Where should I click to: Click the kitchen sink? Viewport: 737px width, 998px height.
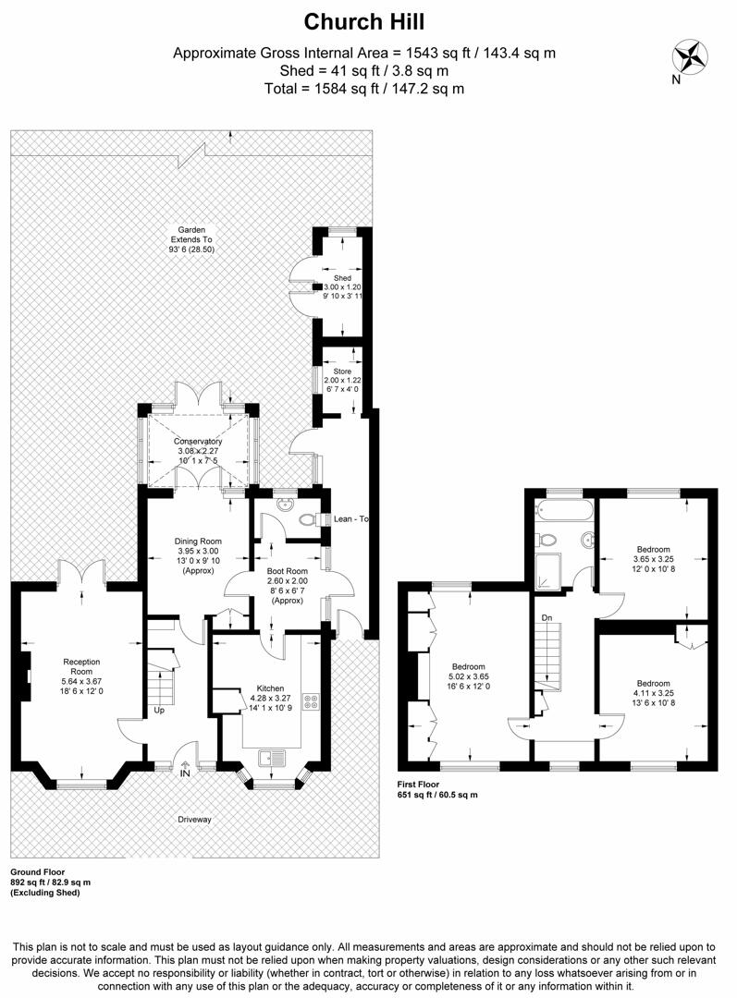tap(275, 758)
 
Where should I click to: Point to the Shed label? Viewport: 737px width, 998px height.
tap(343, 276)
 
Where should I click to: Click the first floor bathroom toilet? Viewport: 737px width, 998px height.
tap(548, 540)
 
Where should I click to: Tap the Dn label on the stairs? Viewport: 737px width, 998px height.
tap(547, 616)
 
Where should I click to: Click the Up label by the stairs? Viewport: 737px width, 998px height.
tap(160, 711)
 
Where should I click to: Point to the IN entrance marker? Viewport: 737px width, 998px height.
tap(186, 773)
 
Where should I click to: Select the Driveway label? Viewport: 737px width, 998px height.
tap(195, 819)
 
